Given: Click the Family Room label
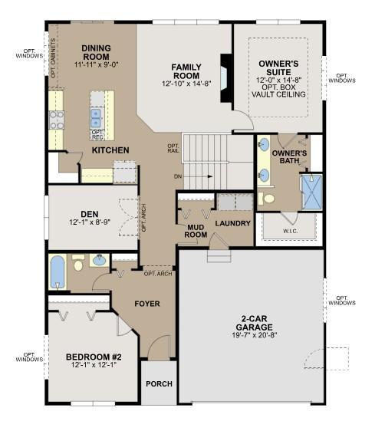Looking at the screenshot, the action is point(186,71).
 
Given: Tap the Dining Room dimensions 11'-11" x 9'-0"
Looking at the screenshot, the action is point(96,64).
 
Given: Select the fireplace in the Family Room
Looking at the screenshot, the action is point(226,78).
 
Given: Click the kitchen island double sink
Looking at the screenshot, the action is point(96,118).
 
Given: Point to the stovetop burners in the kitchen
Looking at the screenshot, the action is point(57,120).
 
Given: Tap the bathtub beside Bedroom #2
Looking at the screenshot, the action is point(58,271).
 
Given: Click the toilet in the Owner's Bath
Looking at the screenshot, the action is point(267,199).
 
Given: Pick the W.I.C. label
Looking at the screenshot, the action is point(291,231).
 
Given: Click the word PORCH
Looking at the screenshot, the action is point(160,384).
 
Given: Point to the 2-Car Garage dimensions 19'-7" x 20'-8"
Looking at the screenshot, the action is point(254,335).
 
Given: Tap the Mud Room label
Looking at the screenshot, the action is point(196,231).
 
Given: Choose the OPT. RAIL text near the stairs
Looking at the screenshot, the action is point(173,148).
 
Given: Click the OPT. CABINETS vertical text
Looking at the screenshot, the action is point(53,58).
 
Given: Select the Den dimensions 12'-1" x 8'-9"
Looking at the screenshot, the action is point(90,222).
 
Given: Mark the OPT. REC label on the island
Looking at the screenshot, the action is point(97,134).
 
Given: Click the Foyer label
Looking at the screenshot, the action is point(147,304).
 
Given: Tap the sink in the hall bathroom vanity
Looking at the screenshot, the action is point(100,260).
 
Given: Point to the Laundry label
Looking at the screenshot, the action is point(232,223).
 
